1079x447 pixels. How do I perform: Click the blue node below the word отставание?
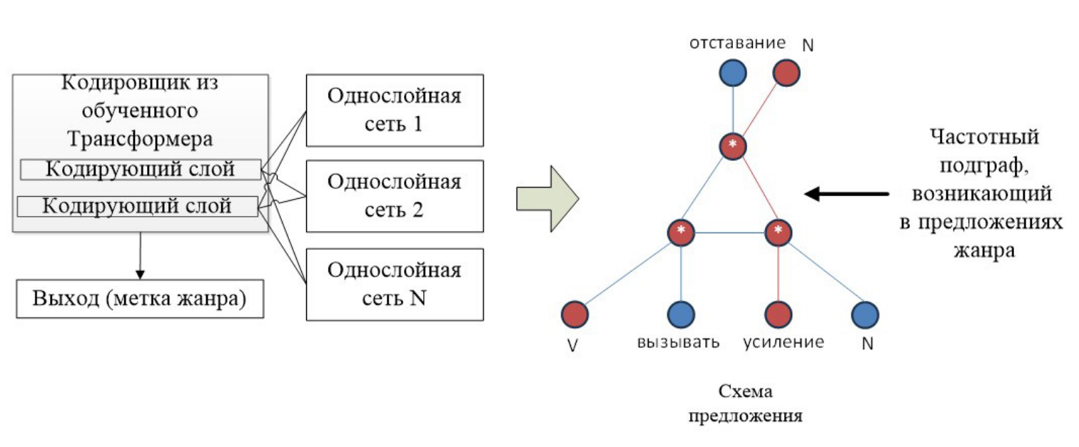pyautogui.click(x=733, y=72)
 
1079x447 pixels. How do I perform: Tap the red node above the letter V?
pyautogui.click(x=574, y=314)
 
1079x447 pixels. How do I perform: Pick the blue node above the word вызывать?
pyautogui.click(x=681, y=314)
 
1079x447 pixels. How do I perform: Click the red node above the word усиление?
pyautogui.click(x=778, y=314)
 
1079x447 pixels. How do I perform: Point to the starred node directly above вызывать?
pyautogui.click(x=681, y=232)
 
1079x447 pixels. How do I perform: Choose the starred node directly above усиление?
pyautogui.click(x=778, y=232)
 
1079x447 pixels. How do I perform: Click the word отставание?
pyautogui.click(x=737, y=43)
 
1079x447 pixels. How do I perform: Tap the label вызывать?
pyautogui.click(x=678, y=342)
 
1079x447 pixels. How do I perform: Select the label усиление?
pyautogui.click(x=783, y=342)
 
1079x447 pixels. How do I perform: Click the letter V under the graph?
pyautogui.click(x=572, y=345)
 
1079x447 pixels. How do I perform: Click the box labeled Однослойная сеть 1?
pyautogui.click(x=394, y=110)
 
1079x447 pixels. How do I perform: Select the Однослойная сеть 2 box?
pyautogui.click(x=394, y=195)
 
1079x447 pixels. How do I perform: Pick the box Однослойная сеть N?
pyautogui.click(x=394, y=284)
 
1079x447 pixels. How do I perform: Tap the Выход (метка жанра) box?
pyautogui.click(x=139, y=299)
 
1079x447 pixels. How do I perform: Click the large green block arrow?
pyautogui.click(x=545, y=199)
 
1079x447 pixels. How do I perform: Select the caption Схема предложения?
pyautogui.click(x=746, y=404)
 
